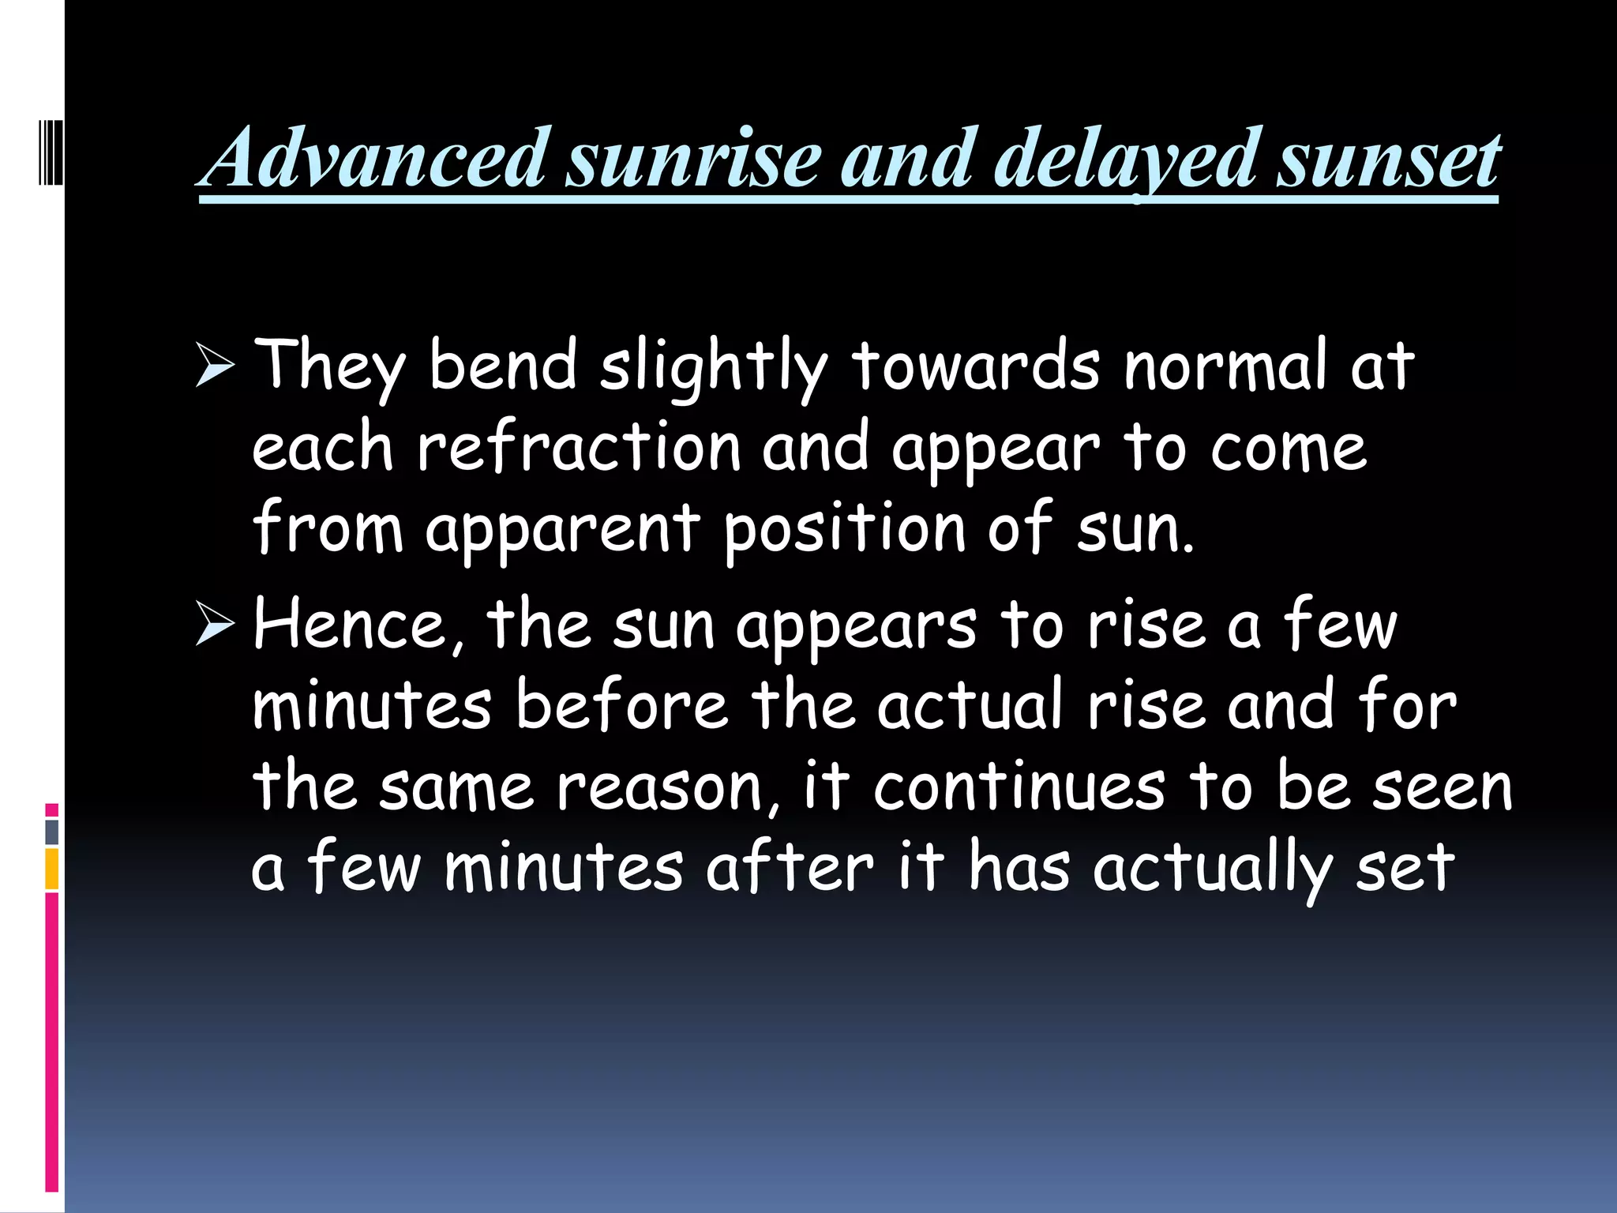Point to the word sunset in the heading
pyautogui.click(x=1389, y=161)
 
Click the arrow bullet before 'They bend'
pyautogui.click(x=215, y=366)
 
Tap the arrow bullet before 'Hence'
pyautogui.click(x=215, y=623)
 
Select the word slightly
pyautogui.click(x=714, y=366)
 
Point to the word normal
pyautogui.click(x=1225, y=365)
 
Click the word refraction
pyautogui.click(x=579, y=447)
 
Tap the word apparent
pyautogui.click(x=562, y=529)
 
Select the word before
pyautogui.click(x=621, y=704)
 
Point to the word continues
pyautogui.click(x=1019, y=787)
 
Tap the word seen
pyautogui.click(x=1442, y=787)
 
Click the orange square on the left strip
pyautogui.click(x=52, y=869)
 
